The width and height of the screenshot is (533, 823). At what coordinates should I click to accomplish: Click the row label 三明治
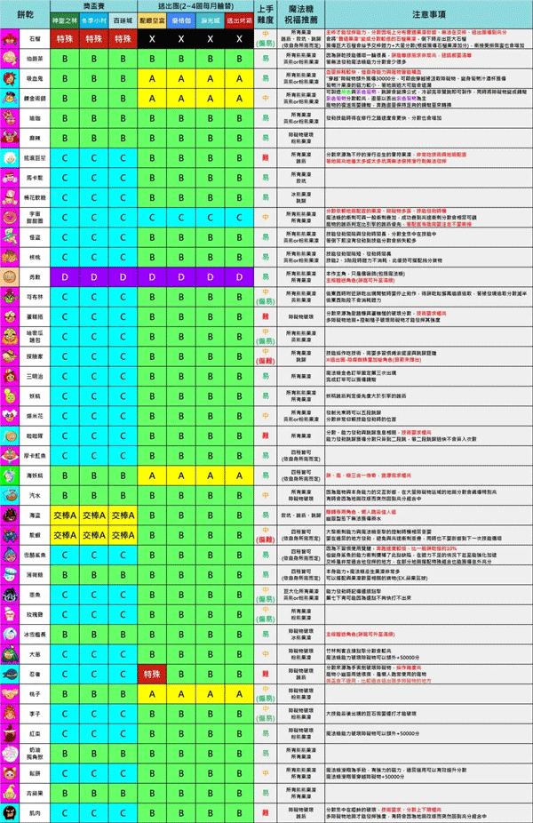[x=34, y=374]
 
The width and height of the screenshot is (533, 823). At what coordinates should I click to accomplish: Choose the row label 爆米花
[x=34, y=414]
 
